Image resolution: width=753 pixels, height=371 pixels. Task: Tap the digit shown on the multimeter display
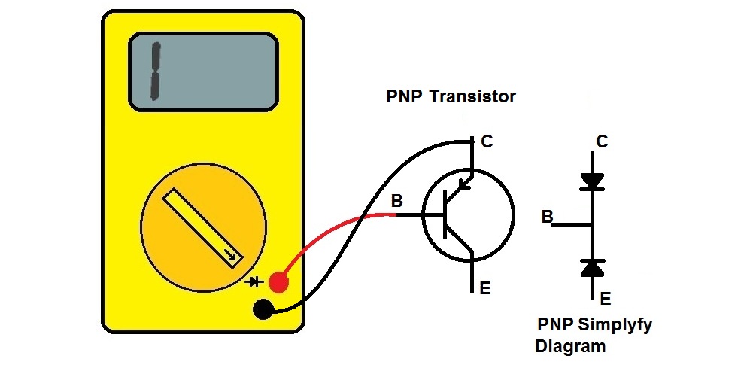[x=156, y=72]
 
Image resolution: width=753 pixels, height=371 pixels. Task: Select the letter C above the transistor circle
[x=487, y=141]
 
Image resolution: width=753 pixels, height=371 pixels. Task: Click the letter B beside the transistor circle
[x=396, y=201]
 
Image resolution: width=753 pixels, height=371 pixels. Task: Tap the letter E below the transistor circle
[x=485, y=287]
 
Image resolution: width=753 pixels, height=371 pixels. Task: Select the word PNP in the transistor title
[x=404, y=96]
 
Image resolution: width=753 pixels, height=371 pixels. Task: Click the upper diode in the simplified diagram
[x=593, y=181]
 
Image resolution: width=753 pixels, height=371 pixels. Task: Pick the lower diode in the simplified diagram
[x=593, y=266]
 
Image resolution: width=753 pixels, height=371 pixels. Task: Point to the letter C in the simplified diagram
[x=602, y=141]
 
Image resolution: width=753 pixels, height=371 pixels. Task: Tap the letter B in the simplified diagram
[x=547, y=217]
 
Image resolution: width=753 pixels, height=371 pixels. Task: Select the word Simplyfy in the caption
[x=615, y=326]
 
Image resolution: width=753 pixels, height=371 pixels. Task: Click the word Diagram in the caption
[x=570, y=347]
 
